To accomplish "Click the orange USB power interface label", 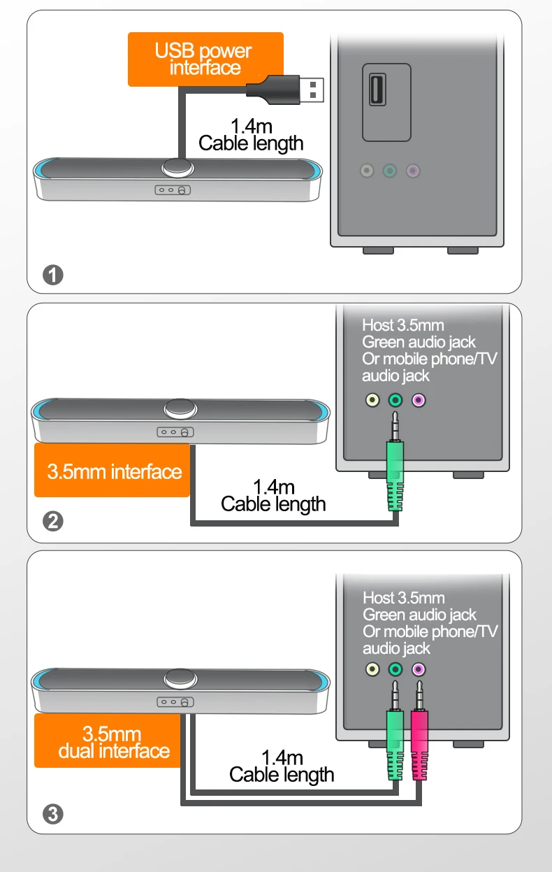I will [x=205, y=59].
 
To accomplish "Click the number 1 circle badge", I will [x=53, y=275].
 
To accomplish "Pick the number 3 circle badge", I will [x=53, y=813].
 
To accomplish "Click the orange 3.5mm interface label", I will [x=112, y=471].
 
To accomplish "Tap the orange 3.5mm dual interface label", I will [x=112, y=742].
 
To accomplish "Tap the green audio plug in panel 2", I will [x=395, y=476].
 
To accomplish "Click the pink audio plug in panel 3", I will [x=419, y=745].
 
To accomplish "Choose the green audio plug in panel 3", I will [x=395, y=745].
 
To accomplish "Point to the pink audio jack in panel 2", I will [x=419, y=401].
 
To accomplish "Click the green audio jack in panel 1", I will [x=390, y=171].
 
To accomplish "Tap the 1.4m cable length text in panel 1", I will [x=251, y=135].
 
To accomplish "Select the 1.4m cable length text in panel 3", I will [x=282, y=766].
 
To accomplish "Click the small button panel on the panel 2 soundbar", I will [x=175, y=431].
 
